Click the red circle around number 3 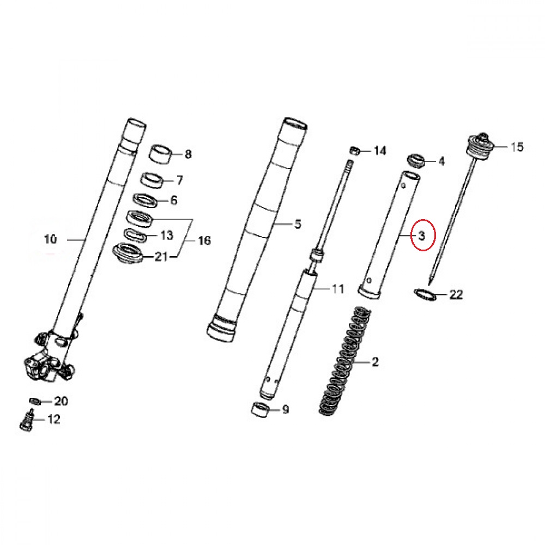pos(411,234)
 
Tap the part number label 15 pos(517,147)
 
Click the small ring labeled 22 pos(425,294)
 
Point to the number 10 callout pos(50,239)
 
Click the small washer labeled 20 pos(35,401)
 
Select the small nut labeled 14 pos(354,151)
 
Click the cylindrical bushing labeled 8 pos(161,154)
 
